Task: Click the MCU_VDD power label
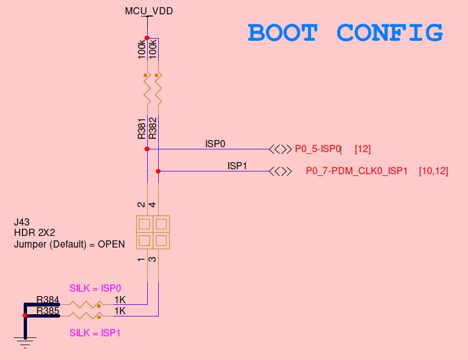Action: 147,10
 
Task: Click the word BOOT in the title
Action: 282,33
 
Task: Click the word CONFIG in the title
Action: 390,33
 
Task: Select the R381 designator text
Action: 142,128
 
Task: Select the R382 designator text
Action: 153,128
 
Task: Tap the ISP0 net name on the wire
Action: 216,144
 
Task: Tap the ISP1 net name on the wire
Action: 237,165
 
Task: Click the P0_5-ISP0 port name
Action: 318,149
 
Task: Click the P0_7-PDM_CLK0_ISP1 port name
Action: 357,171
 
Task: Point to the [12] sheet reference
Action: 363,149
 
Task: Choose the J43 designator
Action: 21,223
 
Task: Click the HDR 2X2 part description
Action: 35,233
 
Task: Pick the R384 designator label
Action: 47,300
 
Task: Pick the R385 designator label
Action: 47,311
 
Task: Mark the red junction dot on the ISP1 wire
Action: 158,171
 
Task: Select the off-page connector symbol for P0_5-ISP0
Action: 281,149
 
